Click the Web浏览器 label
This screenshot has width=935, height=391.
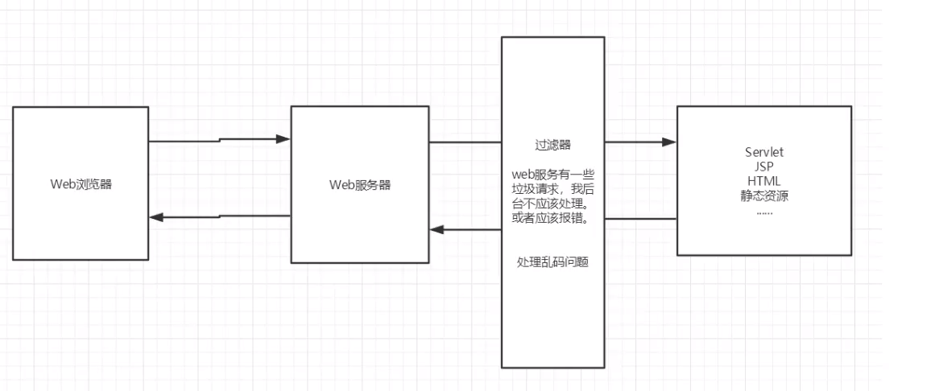coord(81,183)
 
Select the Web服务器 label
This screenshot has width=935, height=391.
coord(360,184)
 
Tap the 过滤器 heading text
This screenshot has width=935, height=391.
coord(553,145)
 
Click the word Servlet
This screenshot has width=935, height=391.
coord(764,151)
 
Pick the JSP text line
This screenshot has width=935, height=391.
coord(764,166)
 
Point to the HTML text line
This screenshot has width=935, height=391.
coord(764,180)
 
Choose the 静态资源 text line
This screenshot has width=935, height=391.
coord(764,195)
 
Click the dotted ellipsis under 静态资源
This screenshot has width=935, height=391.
coord(764,211)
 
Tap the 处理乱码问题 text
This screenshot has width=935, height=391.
coord(553,262)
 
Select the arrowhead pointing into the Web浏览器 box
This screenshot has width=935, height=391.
coord(156,218)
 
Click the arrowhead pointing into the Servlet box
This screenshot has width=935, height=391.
coord(670,142)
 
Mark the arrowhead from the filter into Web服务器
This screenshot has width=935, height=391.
coord(436,229)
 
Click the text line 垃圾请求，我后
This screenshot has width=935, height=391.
coord(553,188)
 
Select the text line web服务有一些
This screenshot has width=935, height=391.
coord(553,174)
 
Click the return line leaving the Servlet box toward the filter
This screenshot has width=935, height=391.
coord(640,218)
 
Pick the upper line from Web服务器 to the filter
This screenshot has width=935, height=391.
coord(465,142)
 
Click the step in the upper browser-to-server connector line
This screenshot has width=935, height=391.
coord(220,141)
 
